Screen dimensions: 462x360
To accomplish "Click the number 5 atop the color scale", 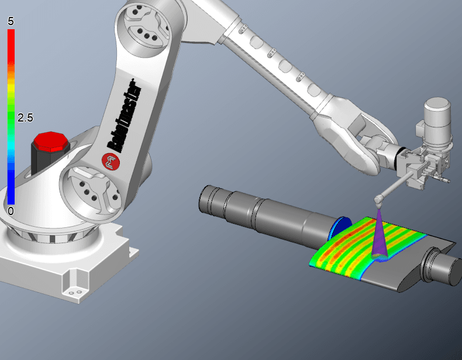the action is pos(11,21).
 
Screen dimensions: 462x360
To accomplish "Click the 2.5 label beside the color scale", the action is pos(25,117).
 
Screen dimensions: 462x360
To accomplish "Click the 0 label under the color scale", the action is pos(11,211).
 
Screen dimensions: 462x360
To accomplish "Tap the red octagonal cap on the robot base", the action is pos(51,141).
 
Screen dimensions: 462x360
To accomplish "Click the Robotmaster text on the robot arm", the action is pos(123,116).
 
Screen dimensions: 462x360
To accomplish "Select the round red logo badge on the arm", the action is pos(111,162).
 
